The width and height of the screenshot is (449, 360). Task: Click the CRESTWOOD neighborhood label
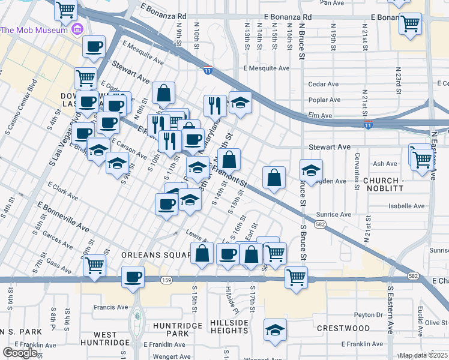pyautogui.click(x=343, y=328)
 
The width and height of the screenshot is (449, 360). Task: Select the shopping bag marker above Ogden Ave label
pyautogui.click(x=274, y=178)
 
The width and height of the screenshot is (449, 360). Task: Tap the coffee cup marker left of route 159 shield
pyautogui.click(x=133, y=278)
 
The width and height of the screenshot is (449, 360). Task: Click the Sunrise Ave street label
pyautogui.click(x=337, y=214)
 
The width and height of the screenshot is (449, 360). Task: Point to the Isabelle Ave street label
pyautogui.click(x=406, y=205)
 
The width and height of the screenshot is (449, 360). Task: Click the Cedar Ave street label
pyautogui.click(x=320, y=84)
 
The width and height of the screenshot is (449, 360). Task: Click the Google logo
pyautogui.click(x=20, y=353)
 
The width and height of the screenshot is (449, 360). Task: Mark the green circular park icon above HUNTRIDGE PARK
pyautogui.click(x=137, y=314)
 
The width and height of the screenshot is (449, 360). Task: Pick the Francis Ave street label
pyautogui.click(x=111, y=307)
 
